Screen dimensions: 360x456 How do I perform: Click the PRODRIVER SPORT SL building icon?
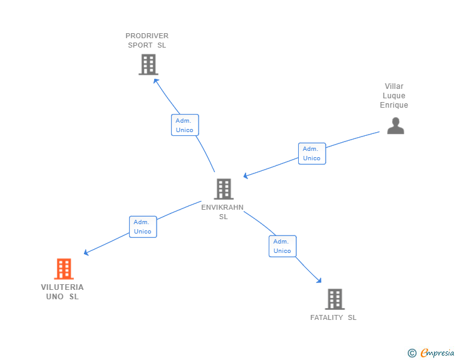pos(148,64)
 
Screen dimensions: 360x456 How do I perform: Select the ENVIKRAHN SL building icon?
pos(223,188)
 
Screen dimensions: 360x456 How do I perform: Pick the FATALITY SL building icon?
pos(334,299)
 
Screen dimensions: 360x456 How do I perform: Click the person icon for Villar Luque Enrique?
pos(395,126)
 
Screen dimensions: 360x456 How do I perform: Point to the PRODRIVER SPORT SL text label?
pos(147,40)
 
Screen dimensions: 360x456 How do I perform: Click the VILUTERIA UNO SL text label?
pos(63,292)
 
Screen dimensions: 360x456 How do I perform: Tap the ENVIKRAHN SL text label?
pos(223,212)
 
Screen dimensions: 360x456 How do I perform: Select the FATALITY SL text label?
pos(333,317)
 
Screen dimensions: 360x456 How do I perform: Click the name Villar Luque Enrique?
pos(394,96)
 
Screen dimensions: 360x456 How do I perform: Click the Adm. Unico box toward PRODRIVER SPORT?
pos(185,125)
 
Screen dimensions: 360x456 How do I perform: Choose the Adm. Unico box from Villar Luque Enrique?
pos(312,153)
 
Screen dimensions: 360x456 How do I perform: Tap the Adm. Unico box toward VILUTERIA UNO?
pos(143,227)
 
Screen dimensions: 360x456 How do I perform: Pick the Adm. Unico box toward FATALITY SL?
pos(282,246)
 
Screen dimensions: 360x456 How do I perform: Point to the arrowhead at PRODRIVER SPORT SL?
pos(155,80)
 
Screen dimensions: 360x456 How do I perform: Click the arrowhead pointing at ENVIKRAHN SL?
pos(246,177)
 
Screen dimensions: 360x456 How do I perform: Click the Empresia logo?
pos(437,353)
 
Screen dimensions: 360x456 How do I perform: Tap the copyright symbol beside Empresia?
pos(412,353)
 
